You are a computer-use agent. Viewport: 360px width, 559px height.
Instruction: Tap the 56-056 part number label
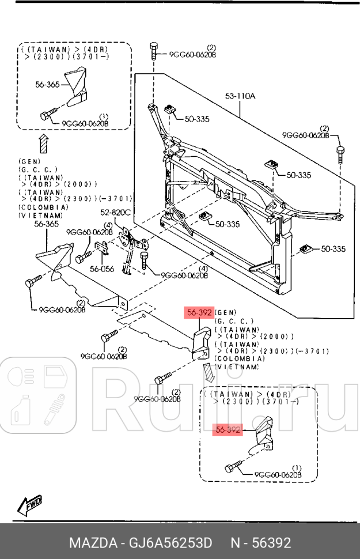click(102, 269)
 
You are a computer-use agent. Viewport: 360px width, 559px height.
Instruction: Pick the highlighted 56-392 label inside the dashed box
click(228, 429)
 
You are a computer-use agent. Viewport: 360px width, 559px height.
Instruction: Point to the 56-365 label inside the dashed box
click(47, 84)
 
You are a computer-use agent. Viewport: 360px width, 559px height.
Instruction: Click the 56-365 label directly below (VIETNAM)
click(46, 224)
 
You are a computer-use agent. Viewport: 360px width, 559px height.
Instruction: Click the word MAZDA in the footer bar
click(92, 543)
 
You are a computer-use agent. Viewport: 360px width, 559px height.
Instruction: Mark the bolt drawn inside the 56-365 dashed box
click(48, 114)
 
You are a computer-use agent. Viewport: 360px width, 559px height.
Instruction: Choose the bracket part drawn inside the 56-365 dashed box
click(77, 86)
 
